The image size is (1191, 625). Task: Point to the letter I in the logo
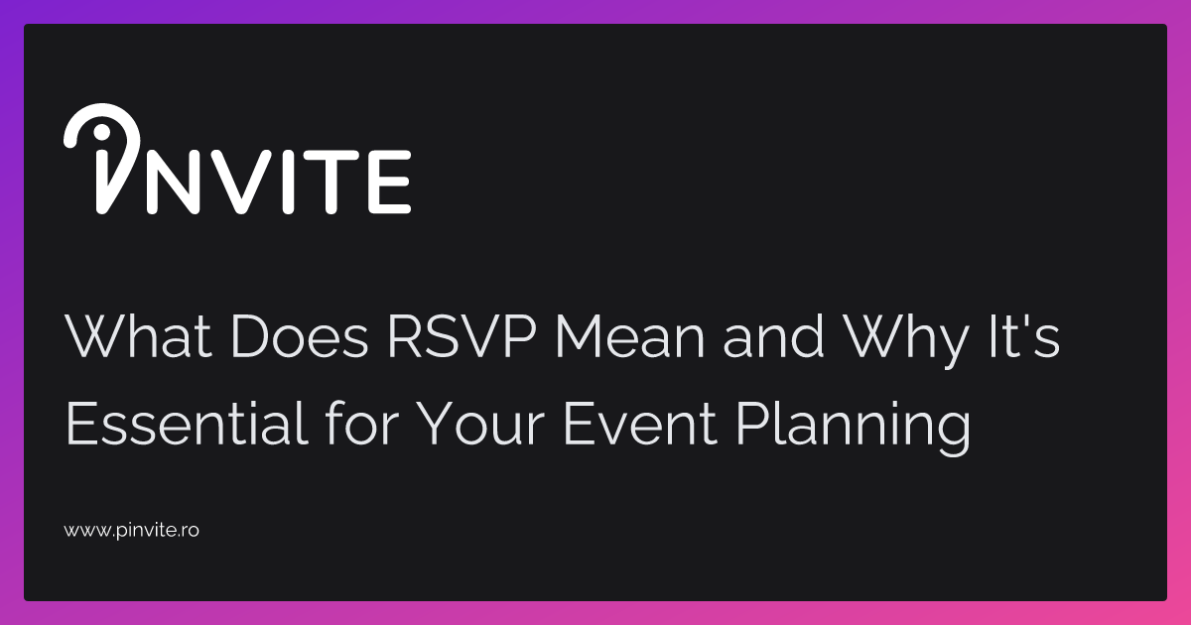pyautogui.click(x=296, y=182)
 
